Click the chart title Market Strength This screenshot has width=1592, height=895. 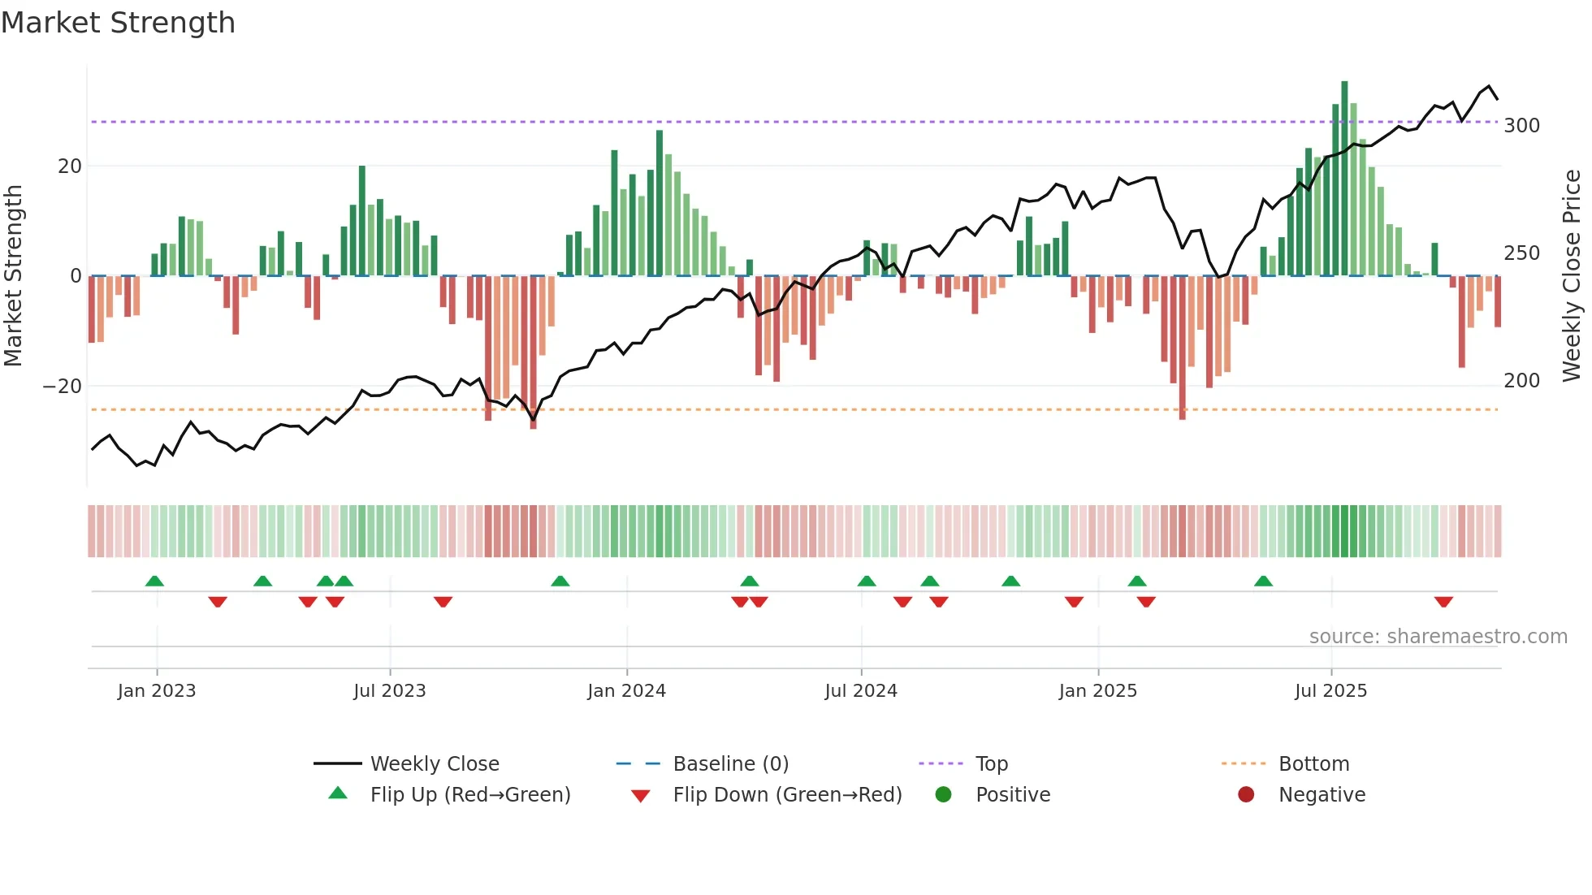118,23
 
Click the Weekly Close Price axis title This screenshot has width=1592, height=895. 1572,275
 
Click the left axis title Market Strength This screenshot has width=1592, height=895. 14,275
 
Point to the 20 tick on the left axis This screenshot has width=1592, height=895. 70,166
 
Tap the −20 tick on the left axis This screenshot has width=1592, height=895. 63,387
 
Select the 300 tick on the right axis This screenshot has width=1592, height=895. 1521,126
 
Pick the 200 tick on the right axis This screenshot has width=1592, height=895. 1521,381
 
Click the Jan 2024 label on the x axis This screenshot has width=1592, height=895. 626,691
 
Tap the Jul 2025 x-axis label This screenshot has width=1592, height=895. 1330,691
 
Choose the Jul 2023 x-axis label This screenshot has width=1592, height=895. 389,691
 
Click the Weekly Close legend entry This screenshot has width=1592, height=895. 435,764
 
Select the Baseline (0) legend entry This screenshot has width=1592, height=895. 730,764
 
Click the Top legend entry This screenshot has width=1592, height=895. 991,764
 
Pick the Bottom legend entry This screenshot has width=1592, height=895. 1313,764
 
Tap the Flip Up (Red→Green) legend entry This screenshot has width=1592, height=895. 469,795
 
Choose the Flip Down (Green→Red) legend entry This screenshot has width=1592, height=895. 787,795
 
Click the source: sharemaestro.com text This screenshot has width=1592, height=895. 1438,637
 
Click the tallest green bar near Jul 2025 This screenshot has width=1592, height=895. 1344,179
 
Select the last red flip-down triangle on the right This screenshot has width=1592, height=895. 1443,602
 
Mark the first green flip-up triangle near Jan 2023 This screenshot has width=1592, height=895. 154,581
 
